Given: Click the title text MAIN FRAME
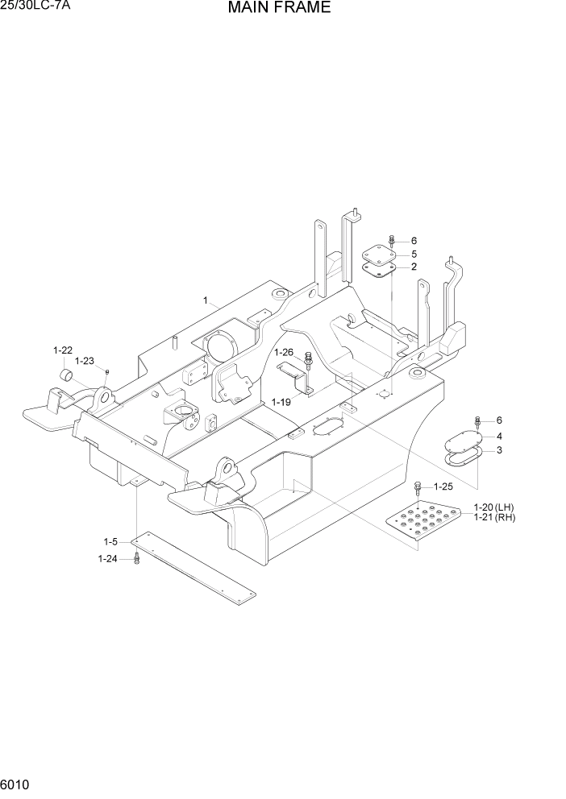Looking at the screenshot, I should [x=279, y=9].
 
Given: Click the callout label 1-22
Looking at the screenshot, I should [x=63, y=350].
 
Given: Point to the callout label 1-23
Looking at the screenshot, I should [x=85, y=361].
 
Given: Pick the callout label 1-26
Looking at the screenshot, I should [x=284, y=352].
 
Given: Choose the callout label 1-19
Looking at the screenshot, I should [x=281, y=401].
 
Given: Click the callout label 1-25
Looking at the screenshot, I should [x=444, y=486].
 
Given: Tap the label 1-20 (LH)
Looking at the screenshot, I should [x=494, y=507].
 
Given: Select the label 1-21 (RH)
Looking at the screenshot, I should [x=494, y=517].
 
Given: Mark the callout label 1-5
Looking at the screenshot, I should [x=110, y=541].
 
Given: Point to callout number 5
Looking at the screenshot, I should [x=414, y=254].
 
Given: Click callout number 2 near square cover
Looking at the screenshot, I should [x=414, y=267].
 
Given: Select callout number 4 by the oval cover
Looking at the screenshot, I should [x=499, y=436].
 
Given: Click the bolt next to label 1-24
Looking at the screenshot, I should [x=137, y=558].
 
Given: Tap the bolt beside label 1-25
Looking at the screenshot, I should [x=418, y=486].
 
